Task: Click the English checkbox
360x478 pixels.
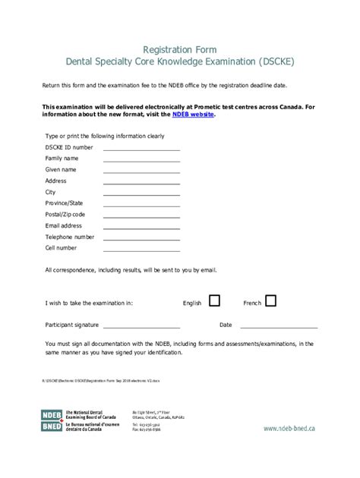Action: (x=214, y=301)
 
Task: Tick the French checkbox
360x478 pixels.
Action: (x=271, y=301)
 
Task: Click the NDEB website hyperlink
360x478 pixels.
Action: (x=194, y=115)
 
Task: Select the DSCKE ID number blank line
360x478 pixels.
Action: (x=142, y=149)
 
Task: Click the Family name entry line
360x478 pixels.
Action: (x=142, y=161)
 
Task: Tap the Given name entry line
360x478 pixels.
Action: (x=142, y=172)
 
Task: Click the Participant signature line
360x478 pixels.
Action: (x=151, y=327)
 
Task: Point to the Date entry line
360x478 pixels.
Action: (x=278, y=327)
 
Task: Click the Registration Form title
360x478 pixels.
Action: (x=180, y=49)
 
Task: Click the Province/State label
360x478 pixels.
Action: (x=65, y=203)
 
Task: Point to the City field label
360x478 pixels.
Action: (x=51, y=192)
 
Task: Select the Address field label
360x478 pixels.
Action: (x=56, y=181)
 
